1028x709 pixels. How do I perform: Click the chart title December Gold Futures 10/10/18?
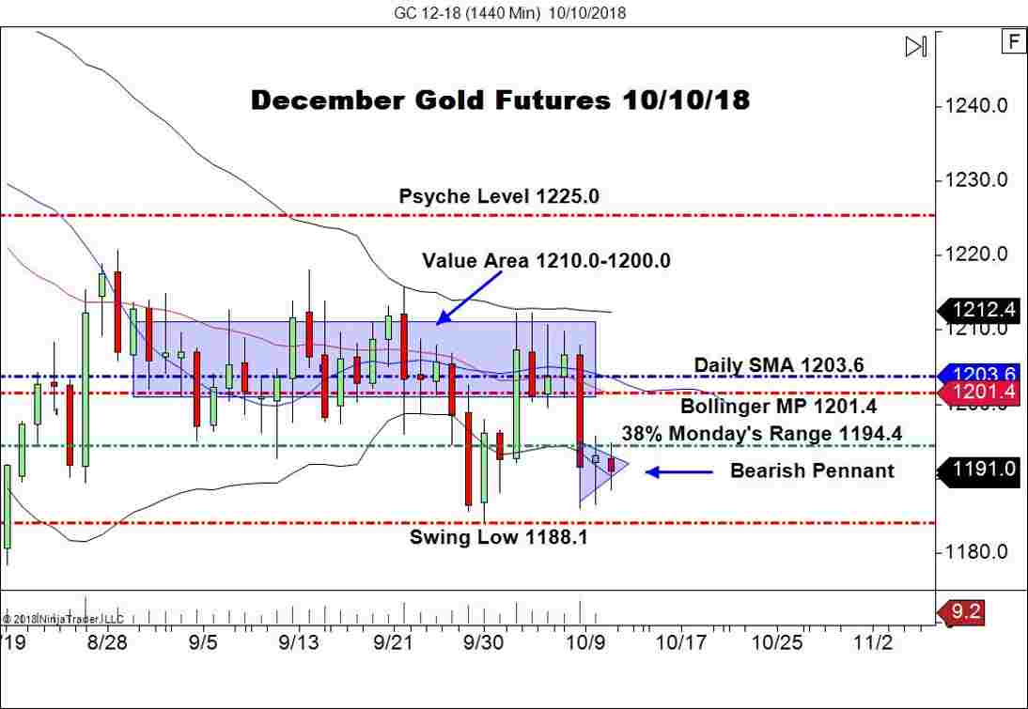(x=500, y=100)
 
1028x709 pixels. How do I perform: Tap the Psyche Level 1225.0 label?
(x=498, y=196)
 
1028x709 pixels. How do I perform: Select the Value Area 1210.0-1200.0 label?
(x=546, y=260)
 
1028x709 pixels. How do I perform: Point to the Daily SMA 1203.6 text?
(x=778, y=364)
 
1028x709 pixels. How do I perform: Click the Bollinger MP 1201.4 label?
(x=778, y=406)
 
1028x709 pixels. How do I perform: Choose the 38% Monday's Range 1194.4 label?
(x=761, y=433)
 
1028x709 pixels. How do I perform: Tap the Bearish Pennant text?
(x=812, y=470)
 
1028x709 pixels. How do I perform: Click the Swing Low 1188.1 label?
(x=485, y=537)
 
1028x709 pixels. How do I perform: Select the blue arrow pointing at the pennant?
(x=678, y=471)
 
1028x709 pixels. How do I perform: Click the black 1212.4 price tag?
(x=980, y=308)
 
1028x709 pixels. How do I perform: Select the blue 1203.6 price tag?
(x=980, y=373)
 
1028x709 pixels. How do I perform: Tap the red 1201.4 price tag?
(x=980, y=392)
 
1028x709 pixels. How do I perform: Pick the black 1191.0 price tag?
(x=980, y=469)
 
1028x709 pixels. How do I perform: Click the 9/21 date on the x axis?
(x=394, y=643)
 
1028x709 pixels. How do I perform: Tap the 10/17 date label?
(x=679, y=643)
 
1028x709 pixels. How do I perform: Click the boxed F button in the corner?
(x=1013, y=41)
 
